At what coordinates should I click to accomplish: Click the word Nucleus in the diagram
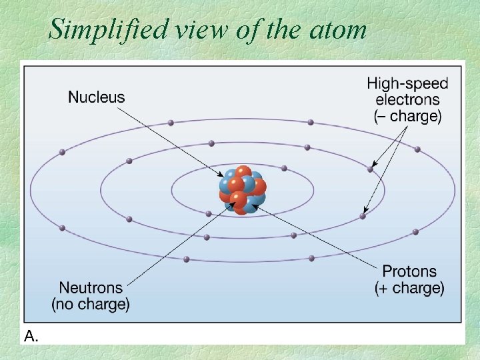pos(96,97)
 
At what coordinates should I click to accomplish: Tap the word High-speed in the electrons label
pos(407,84)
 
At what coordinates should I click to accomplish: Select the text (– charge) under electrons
pos(407,116)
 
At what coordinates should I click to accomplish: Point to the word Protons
pos(409,271)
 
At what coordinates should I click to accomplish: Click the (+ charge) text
pos(409,289)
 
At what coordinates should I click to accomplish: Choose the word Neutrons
pos(91,288)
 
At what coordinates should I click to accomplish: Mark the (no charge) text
pos(91,305)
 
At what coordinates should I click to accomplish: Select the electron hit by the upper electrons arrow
pos(371,169)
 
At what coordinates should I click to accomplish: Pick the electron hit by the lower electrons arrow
pos(363,215)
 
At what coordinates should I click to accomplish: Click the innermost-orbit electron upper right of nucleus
pos(284,168)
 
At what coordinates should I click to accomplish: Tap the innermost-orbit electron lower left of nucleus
pos(209,214)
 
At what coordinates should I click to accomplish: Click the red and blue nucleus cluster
pos(243,190)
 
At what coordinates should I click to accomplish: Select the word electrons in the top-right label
pos(407,100)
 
